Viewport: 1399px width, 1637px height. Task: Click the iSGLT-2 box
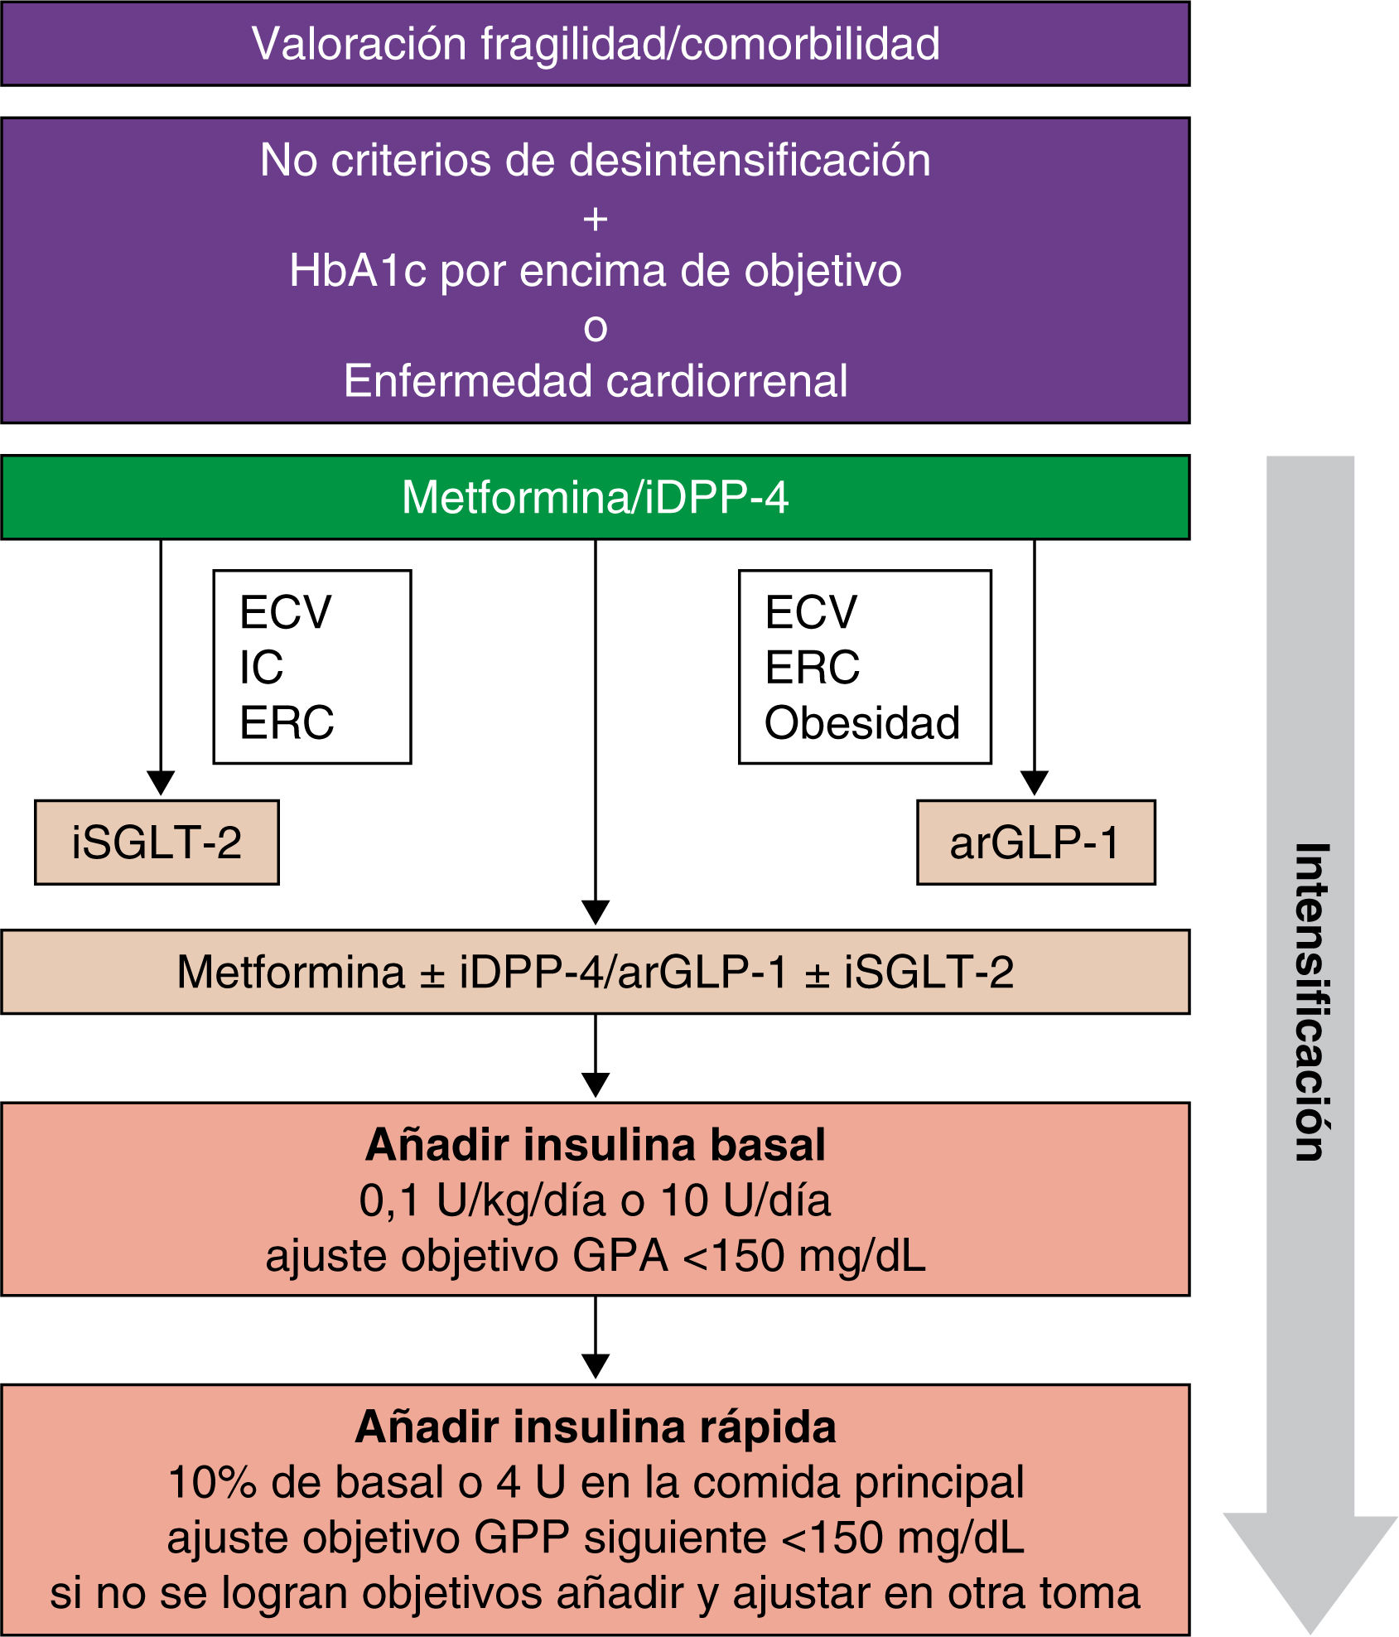pyautogui.click(x=157, y=842)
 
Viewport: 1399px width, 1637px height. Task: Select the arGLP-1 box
pyautogui.click(x=1035, y=842)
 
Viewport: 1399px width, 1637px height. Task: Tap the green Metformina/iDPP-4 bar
pyautogui.click(x=595, y=497)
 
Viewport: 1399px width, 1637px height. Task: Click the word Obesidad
pyautogui.click(x=862, y=722)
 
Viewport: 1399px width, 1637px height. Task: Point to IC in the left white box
pyautogui.click(x=261, y=667)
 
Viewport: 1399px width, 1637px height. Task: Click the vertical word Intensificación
pyautogui.click(x=1311, y=1002)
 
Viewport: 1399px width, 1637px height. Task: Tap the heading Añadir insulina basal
pyautogui.click(x=595, y=1145)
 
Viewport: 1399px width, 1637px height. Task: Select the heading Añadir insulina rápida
pyautogui.click(x=595, y=1427)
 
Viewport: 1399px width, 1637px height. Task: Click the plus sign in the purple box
pyautogui.click(x=595, y=220)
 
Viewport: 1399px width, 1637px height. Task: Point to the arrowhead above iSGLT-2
pyautogui.click(x=161, y=782)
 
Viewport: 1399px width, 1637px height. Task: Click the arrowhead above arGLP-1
pyautogui.click(x=1035, y=782)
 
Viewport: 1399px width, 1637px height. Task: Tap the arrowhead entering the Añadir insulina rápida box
pyautogui.click(x=596, y=1365)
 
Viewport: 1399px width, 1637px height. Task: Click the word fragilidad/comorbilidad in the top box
pyautogui.click(x=710, y=44)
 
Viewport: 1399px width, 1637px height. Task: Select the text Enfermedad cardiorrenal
pyautogui.click(x=595, y=381)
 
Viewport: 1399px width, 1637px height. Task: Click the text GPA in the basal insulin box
pyautogui.click(x=620, y=1256)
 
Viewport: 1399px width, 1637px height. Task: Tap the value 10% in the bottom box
pyautogui.click(x=211, y=1482)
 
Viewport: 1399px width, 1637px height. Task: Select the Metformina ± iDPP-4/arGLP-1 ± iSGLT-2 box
pyautogui.click(x=595, y=972)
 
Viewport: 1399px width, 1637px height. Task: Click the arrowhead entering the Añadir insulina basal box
pyautogui.click(x=596, y=1084)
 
